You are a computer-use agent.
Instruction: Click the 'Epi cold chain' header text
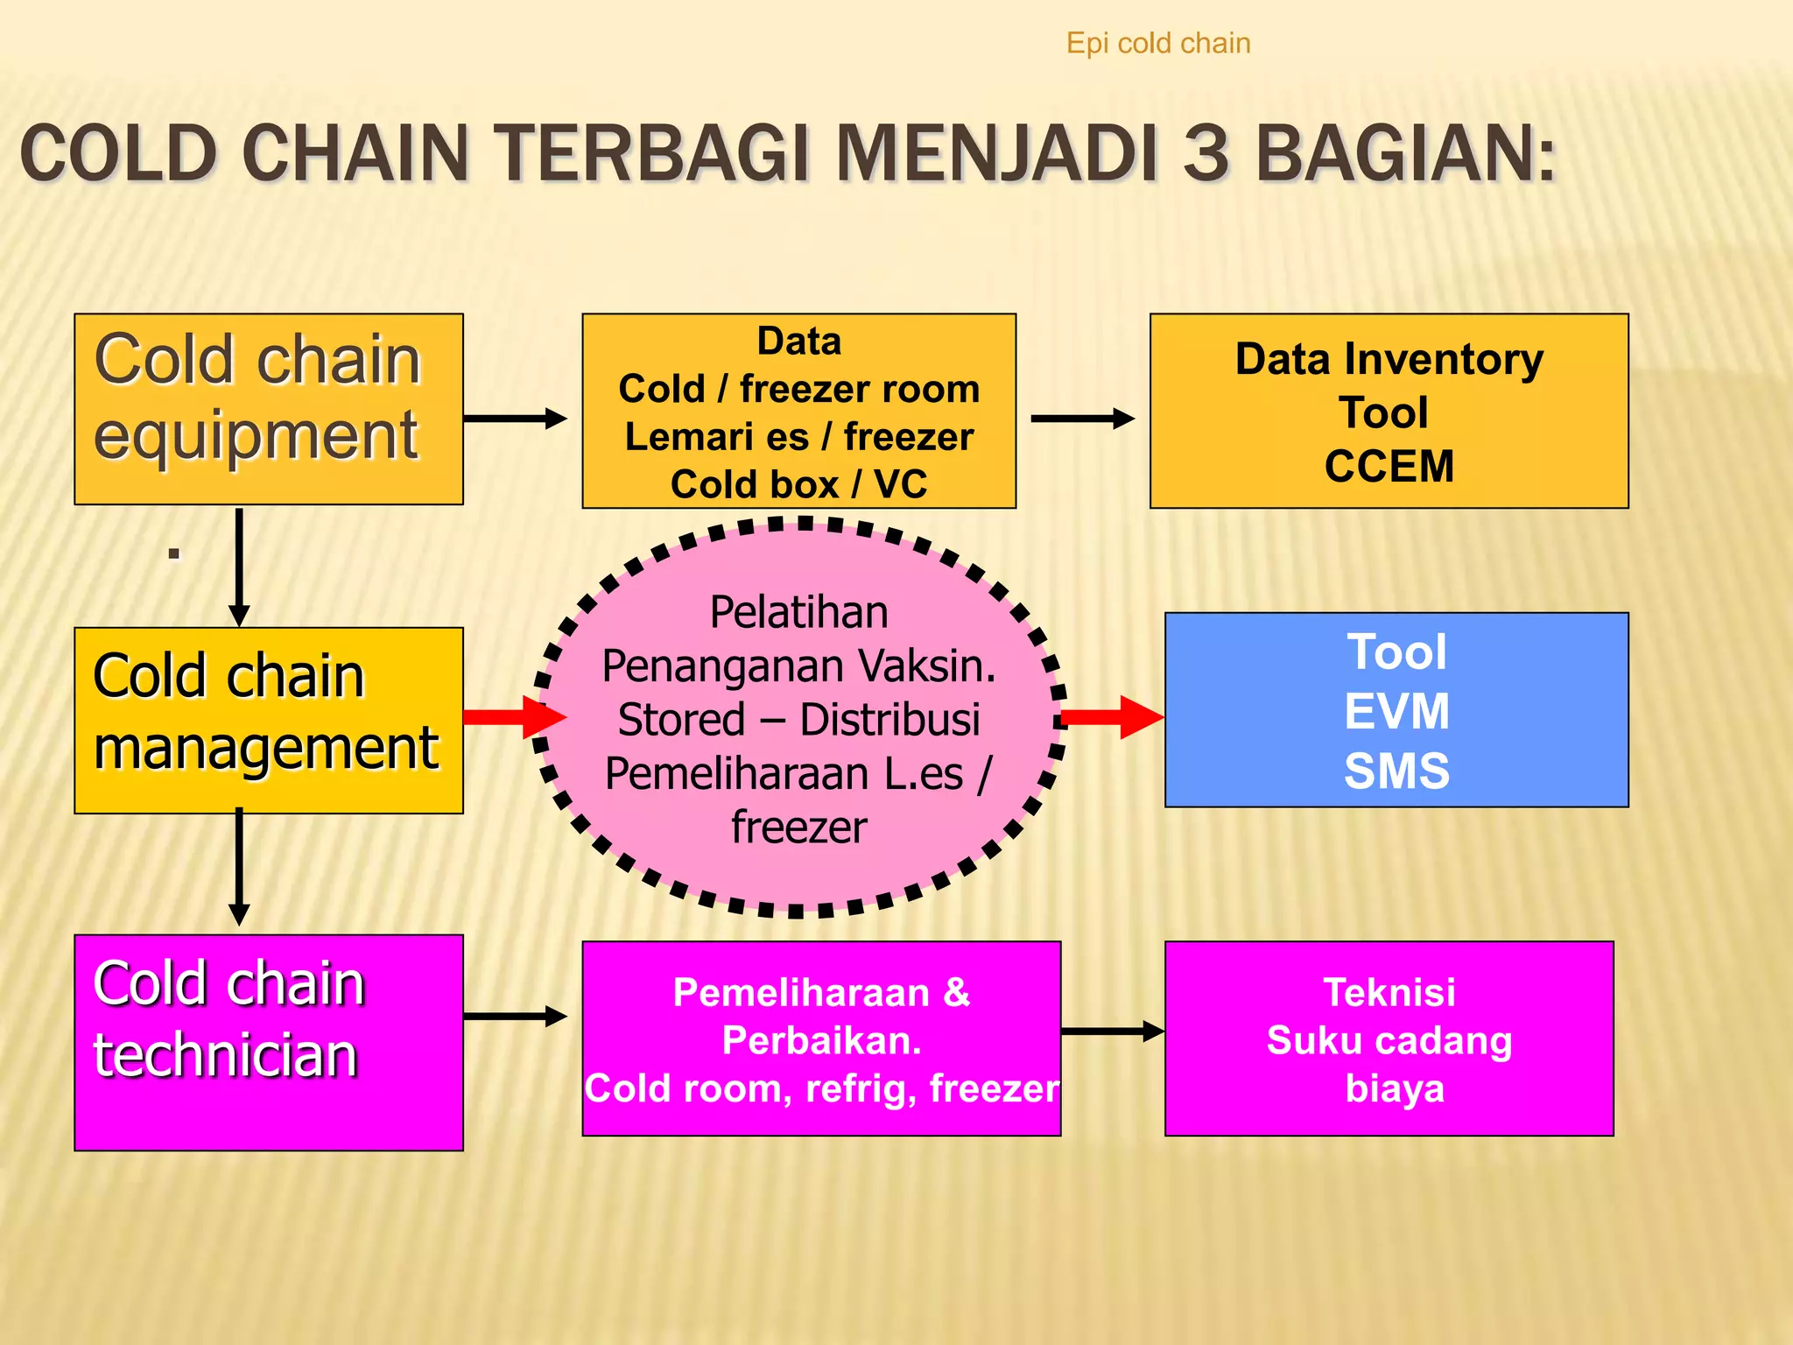[x=1157, y=44]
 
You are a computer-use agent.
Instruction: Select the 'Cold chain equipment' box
[x=268, y=409]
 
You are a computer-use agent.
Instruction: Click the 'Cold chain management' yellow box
[x=268, y=720]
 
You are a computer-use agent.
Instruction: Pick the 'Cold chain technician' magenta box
[x=268, y=1042]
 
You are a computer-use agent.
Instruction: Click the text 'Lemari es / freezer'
[x=798, y=436]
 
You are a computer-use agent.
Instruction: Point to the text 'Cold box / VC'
[x=798, y=484]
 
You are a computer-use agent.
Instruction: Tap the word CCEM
[x=1389, y=466]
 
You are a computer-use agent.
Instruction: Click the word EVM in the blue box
[x=1396, y=711]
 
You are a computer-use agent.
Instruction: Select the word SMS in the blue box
[x=1396, y=771]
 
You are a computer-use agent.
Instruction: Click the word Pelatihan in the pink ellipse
[x=798, y=612]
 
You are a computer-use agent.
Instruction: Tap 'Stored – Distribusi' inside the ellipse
[x=798, y=720]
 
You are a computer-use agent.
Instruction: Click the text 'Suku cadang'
[x=1389, y=1040]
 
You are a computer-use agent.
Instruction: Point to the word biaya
[x=1394, y=1088]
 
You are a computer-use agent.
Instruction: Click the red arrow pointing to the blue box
[x=1112, y=718]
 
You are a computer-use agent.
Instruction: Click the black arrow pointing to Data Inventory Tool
[x=1082, y=419]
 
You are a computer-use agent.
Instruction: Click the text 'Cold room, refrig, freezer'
[x=821, y=1088]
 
